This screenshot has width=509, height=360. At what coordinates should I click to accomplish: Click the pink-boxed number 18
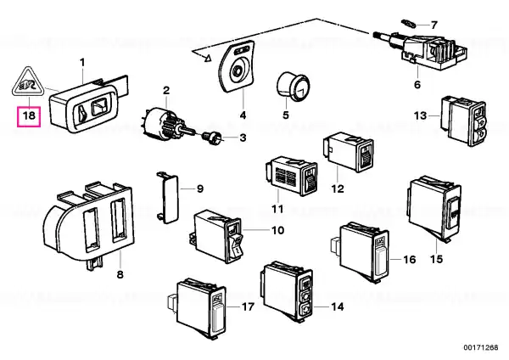coord(29,115)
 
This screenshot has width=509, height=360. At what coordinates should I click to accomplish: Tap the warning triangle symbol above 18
coord(28,82)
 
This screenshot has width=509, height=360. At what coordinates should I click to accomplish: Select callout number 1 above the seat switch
coord(82,62)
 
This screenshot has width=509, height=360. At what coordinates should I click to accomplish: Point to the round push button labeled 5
coord(294,86)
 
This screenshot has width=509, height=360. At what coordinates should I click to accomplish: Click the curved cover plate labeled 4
coord(236,67)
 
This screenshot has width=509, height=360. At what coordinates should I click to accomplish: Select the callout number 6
coord(417,84)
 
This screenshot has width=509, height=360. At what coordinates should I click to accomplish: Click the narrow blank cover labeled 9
coord(168,198)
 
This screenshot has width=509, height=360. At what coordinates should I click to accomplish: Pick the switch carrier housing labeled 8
coord(88,224)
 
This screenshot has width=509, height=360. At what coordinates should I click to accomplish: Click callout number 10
coord(277,230)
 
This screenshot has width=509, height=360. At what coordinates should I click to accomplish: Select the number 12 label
coord(338,188)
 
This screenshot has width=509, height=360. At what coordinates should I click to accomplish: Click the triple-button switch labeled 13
coord(463,121)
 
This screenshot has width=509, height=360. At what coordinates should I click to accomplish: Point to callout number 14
coord(337,307)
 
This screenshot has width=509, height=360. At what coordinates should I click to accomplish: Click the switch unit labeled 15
coord(434,209)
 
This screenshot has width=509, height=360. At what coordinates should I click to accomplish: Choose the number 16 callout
coord(410,259)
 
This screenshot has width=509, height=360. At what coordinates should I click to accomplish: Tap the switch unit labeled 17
coord(197,309)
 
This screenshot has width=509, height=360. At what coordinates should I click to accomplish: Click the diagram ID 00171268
coord(481,347)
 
